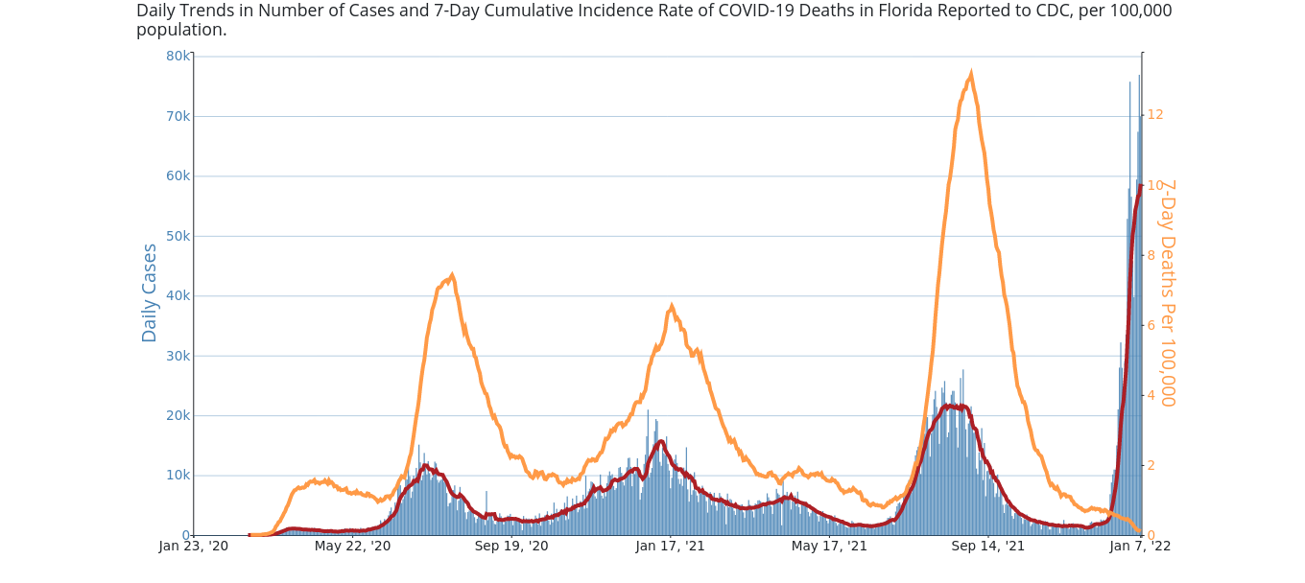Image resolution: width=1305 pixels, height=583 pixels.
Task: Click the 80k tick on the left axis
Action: [178, 56]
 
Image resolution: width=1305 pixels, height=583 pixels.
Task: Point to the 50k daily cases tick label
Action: [178, 236]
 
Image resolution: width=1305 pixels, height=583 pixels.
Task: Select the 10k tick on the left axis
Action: [178, 476]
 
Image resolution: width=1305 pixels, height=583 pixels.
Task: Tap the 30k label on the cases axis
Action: [178, 356]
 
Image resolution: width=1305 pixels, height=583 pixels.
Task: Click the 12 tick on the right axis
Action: [1155, 115]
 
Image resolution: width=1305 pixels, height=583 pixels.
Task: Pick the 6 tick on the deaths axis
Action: [1151, 326]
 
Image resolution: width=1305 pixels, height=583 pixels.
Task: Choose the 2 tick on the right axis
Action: [1151, 466]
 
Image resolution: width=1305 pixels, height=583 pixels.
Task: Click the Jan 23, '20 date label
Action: [194, 547]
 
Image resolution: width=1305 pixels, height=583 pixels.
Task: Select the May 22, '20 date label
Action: [352, 547]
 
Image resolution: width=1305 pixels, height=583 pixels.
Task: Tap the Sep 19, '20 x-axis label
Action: [511, 547]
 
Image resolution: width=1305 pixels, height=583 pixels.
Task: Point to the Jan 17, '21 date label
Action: [670, 547]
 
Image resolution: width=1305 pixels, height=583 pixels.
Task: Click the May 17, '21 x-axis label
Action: [829, 547]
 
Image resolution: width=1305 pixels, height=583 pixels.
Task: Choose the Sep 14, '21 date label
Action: [988, 547]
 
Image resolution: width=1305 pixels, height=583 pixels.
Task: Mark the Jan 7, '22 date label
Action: [1140, 547]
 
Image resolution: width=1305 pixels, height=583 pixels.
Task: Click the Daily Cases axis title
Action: [150, 292]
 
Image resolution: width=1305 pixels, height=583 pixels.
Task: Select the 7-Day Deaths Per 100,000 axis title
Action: [1167, 292]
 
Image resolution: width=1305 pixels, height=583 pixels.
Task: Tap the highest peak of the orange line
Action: [971, 73]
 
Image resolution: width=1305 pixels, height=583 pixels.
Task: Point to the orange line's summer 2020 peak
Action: [452, 275]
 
